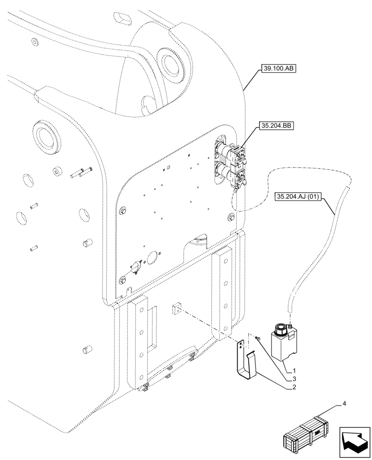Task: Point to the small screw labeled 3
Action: click(x=257, y=339)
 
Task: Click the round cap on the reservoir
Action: click(x=280, y=328)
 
